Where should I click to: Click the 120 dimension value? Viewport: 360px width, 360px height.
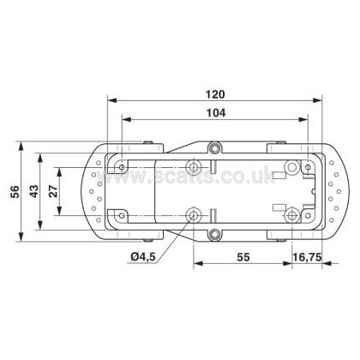point(216,94)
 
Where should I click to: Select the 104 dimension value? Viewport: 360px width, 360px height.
point(216,113)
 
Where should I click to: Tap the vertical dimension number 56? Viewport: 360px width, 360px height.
point(15,191)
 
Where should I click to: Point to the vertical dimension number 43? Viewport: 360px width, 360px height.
point(34,191)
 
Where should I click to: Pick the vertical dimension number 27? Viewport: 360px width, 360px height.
point(53,191)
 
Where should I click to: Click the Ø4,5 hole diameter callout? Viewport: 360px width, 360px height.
point(143,257)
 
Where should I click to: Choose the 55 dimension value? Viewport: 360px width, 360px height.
point(243,257)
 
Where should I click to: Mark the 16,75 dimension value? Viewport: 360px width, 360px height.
point(307,257)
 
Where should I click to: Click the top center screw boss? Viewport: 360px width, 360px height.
point(213,148)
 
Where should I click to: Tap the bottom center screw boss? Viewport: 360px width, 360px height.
point(213,234)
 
